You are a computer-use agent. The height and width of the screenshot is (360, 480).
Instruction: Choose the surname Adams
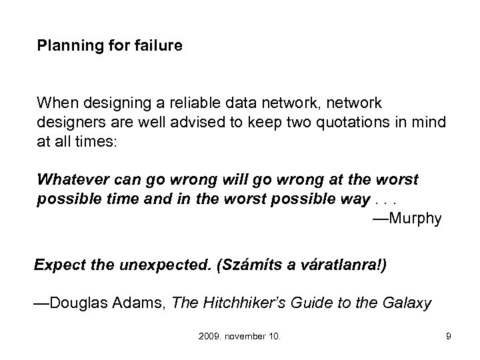point(137,303)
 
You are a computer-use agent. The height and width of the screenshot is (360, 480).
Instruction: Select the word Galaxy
point(407,303)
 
